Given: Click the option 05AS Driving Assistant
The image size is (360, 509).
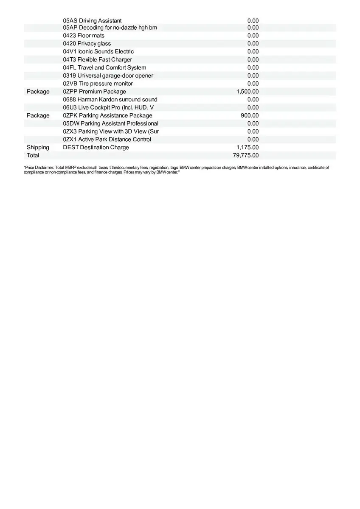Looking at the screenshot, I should [x=92, y=20].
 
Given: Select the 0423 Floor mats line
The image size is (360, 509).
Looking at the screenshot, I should [x=84, y=36].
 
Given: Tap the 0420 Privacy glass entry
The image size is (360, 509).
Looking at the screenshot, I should [x=87, y=44].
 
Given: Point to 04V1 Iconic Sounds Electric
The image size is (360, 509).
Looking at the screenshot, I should [x=98, y=51].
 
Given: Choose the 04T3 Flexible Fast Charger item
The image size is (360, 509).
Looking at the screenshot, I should [x=97, y=59].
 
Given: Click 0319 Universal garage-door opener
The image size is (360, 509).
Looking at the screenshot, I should [x=108, y=76].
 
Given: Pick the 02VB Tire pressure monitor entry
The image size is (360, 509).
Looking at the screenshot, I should [x=98, y=84].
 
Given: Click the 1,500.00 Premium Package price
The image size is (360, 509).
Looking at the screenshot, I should [x=247, y=92].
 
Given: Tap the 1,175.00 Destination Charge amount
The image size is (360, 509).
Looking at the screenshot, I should [x=247, y=147].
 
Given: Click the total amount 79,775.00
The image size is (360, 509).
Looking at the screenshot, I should [x=245, y=155].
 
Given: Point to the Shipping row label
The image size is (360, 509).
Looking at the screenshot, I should [x=38, y=147].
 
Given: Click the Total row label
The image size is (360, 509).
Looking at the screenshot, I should [x=33, y=155].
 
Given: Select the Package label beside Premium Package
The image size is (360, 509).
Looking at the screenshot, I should [x=38, y=92].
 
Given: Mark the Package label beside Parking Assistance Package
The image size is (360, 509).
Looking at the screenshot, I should [x=38, y=115].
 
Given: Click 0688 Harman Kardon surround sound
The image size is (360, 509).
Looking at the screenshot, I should [x=110, y=99].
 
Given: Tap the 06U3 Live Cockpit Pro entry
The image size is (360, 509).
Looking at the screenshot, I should [x=108, y=107].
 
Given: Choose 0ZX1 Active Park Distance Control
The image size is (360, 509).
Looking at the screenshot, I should [x=107, y=139].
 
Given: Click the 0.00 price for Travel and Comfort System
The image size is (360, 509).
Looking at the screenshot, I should [x=253, y=67].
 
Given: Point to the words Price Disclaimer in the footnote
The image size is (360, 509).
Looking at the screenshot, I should [x=39, y=168].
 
